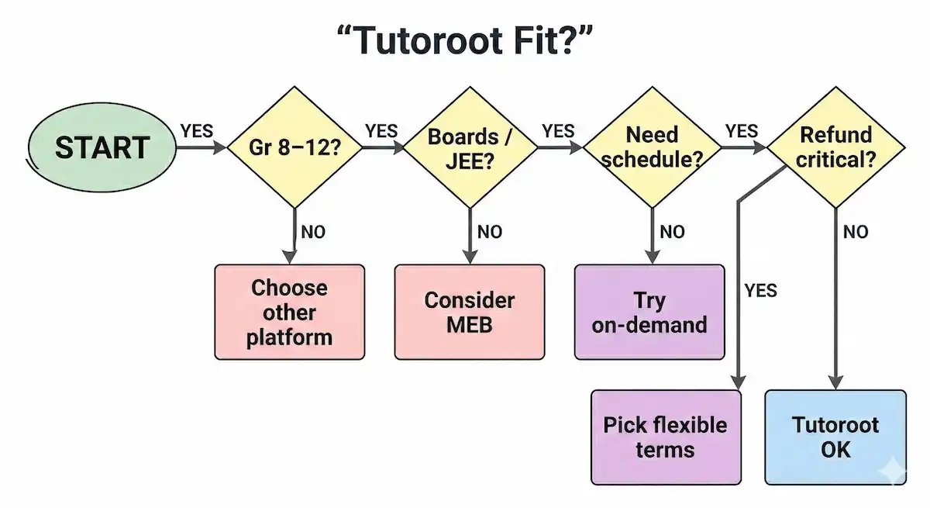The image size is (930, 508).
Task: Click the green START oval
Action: pyautogui.click(x=101, y=147)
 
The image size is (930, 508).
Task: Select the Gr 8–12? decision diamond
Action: pyautogui.click(x=294, y=147)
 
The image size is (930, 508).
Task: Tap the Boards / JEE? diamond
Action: pyautogui.click(x=470, y=147)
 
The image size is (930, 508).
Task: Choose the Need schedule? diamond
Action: pyautogui.click(x=652, y=147)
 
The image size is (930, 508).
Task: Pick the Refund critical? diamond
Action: pyautogui.click(x=836, y=147)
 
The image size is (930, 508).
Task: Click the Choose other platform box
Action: pyautogui.click(x=289, y=312)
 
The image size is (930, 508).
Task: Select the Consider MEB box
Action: pyautogui.click(x=470, y=312)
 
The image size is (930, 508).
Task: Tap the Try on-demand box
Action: pyautogui.click(x=649, y=312)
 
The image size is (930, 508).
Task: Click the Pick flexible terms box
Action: pyautogui.click(x=666, y=437)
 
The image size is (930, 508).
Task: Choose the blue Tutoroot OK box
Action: pyautogui.click(x=835, y=437)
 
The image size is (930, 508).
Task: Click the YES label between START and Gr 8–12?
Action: pyautogui.click(x=197, y=130)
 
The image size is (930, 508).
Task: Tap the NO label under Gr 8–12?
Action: pyautogui.click(x=313, y=232)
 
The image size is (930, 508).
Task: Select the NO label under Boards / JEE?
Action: pyautogui.click(x=489, y=232)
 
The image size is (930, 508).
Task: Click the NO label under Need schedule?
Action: pyautogui.click(x=672, y=232)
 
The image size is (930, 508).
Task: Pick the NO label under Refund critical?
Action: pyautogui.click(x=855, y=232)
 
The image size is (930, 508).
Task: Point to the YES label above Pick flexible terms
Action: pyautogui.click(x=760, y=291)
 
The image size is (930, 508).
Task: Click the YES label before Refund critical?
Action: pyautogui.click(x=742, y=130)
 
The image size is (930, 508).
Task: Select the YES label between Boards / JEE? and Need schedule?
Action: pyautogui.click(x=559, y=130)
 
